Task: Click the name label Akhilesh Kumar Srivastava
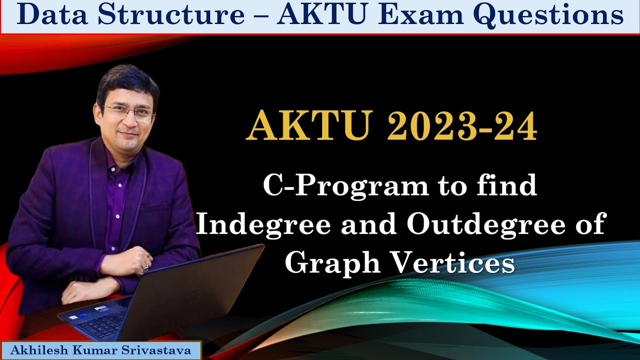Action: (101, 350)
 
